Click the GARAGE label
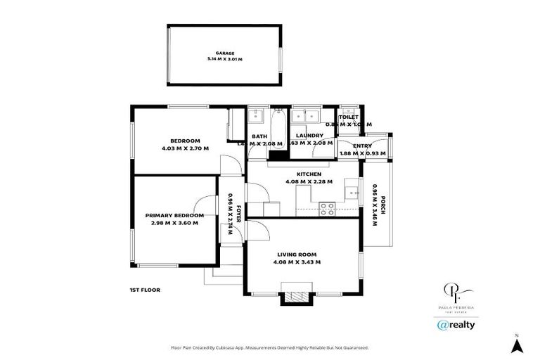(225, 53)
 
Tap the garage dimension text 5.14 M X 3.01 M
(225, 59)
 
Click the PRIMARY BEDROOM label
(174, 215)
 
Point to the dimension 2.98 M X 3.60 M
(174, 223)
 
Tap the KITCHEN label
(309, 174)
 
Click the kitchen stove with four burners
(328, 208)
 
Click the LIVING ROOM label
(297, 255)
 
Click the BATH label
(259, 136)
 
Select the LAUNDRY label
(309, 136)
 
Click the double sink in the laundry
(306, 115)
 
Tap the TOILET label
(349, 117)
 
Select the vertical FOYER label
(238, 212)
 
